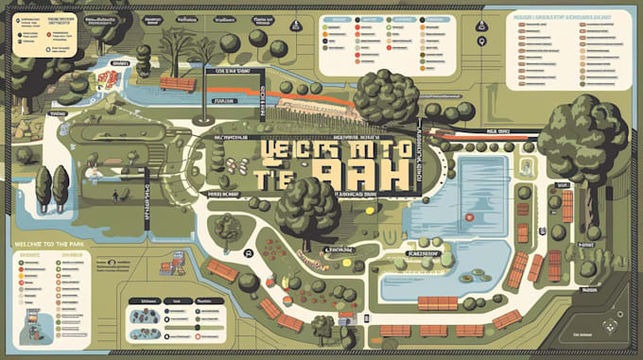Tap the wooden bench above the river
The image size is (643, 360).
pyautogui.click(x=178, y=83)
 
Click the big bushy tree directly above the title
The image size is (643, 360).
pyautogui.click(x=385, y=97)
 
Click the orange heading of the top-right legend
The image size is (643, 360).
pyautogui.click(x=564, y=17)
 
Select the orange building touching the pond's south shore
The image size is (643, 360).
pyautogui.click(x=438, y=303)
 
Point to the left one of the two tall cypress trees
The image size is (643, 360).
pyautogui.click(x=42, y=186)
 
